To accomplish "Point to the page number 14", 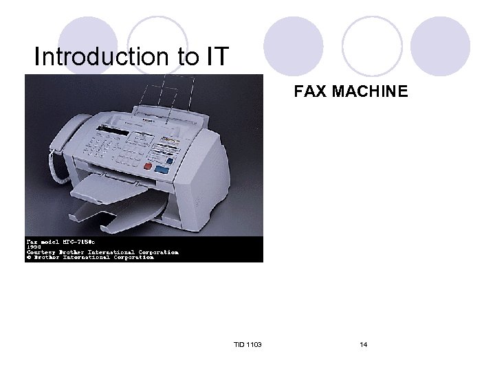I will pos(363,344).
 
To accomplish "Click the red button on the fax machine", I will pos(147,168).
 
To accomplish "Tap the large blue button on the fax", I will pos(162,167).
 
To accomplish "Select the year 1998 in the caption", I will pos(34,247).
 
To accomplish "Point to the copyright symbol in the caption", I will pos(29,258).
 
